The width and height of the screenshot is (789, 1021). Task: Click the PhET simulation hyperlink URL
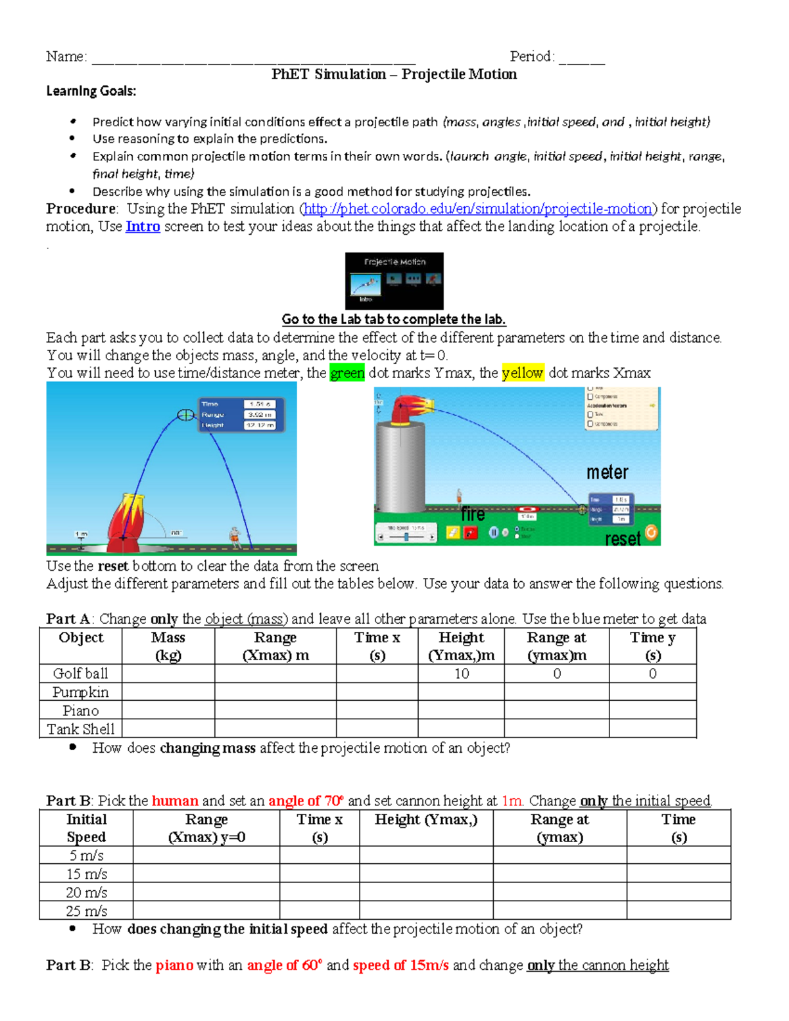point(477,209)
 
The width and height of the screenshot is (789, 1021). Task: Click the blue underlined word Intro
point(143,227)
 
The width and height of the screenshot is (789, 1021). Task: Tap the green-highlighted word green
point(347,373)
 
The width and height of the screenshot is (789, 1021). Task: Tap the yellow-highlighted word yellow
point(523,373)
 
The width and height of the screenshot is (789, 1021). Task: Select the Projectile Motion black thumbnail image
point(394,281)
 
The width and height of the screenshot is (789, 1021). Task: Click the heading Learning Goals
point(91,91)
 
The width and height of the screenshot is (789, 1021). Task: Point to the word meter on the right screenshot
point(607,473)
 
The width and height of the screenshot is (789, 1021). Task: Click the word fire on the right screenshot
point(473,514)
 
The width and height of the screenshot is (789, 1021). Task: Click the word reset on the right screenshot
point(622,539)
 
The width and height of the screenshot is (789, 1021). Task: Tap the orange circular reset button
point(651,533)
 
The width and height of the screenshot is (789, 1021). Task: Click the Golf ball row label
point(80,674)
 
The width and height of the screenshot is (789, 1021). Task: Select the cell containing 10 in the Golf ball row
point(462,674)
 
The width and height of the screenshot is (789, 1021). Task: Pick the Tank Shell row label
point(80,729)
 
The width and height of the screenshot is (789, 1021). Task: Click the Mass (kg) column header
point(168,646)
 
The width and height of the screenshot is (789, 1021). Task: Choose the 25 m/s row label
point(86,911)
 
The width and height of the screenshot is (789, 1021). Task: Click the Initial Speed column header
point(86,828)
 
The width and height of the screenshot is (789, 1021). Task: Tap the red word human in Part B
point(175,801)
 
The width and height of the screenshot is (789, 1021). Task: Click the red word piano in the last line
point(174,966)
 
